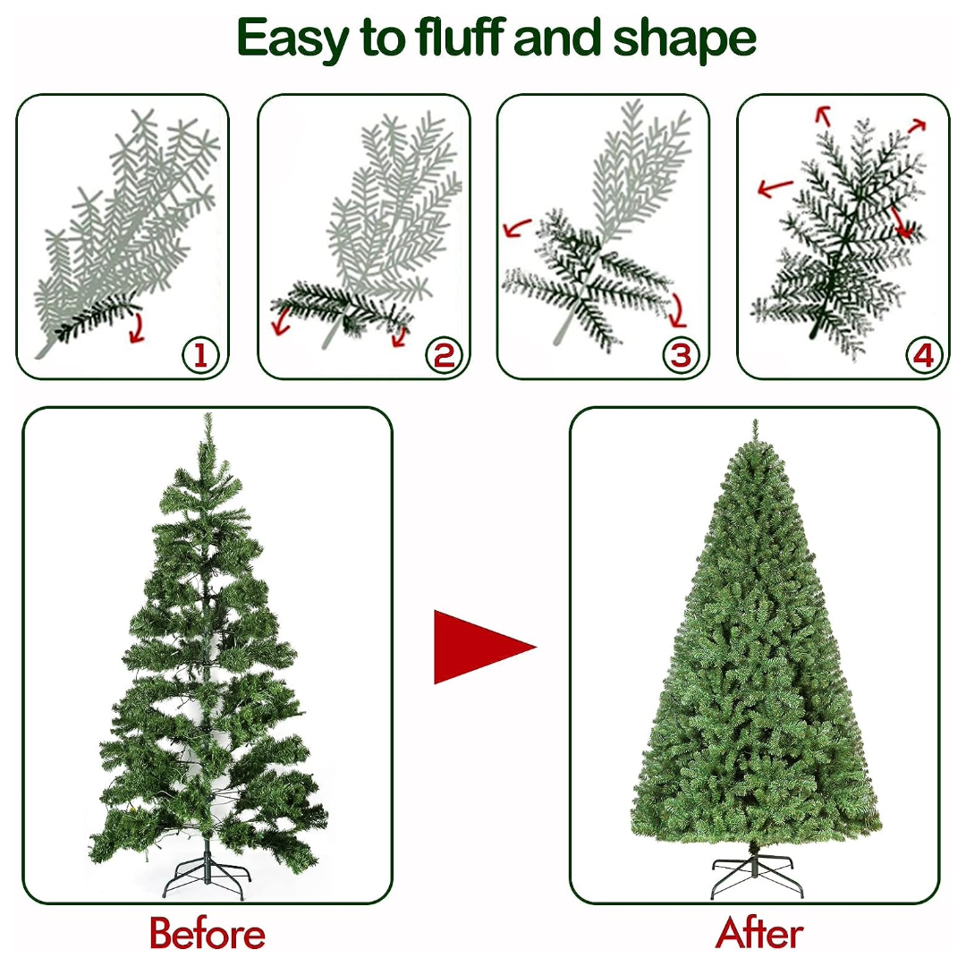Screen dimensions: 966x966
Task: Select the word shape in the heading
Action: click(x=684, y=38)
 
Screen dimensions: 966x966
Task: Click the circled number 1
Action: click(x=201, y=355)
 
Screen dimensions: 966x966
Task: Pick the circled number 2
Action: click(x=444, y=355)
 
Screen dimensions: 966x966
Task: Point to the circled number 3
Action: click(x=681, y=355)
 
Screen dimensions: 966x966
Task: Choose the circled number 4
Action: click(x=923, y=355)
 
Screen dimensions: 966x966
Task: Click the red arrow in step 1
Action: click(x=138, y=327)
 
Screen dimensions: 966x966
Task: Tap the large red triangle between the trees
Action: click(x=485, y=647)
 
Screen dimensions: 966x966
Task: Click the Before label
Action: click(x=207, y=934)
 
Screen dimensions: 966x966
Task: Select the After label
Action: click(x=759, y=933)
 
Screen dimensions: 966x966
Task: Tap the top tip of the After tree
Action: click(x=755, y=420)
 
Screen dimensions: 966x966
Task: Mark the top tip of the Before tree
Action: click(x=208, y=414)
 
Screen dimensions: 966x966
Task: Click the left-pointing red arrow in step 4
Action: click(x=775, y=188)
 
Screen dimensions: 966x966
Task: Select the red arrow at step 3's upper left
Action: click(x=516, y=227)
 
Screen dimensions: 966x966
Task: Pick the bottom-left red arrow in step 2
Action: click(x=282, y=320)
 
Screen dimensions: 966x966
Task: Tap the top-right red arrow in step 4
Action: click(x=918, y=126)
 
